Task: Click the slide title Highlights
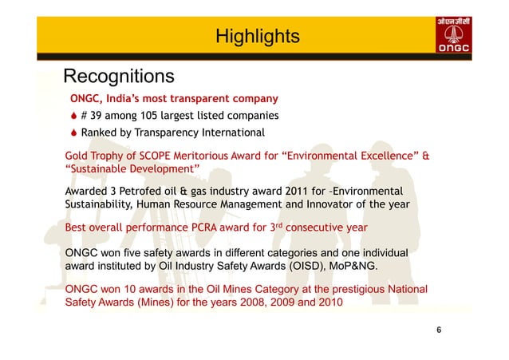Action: [257, 37]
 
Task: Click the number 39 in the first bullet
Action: [98, 116]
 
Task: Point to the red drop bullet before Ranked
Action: [73, 133]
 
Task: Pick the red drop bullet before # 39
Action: [73, 116]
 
